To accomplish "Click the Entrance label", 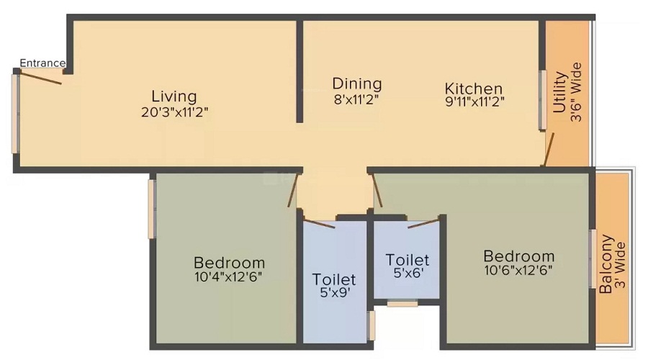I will tap(42, 63).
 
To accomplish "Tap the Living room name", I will tap(174, 96).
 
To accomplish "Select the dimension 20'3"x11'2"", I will tap(175, 112).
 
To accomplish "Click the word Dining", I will tap(356, 84).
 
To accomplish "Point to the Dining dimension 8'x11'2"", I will tap(356, 100).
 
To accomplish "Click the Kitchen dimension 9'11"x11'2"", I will tap(474, 102).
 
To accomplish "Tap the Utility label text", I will tap(559, 92).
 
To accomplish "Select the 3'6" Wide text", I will tap(575, 92).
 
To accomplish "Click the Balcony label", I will tap(606, 263).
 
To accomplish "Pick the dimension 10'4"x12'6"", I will tap(228, 276).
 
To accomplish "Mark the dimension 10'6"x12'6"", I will tap(518, 270).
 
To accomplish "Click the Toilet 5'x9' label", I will tap(333, 286).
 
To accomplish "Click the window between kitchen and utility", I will tap(544, 99).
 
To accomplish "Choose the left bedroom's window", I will tap(152, 208).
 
